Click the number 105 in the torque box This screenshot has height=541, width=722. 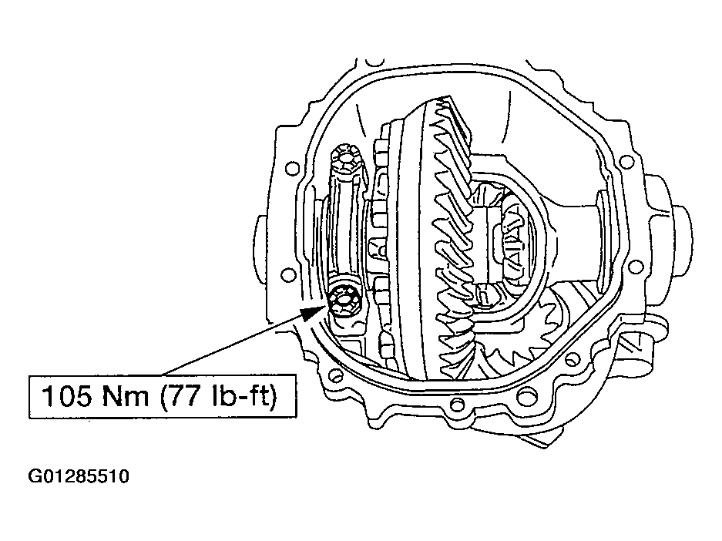point(67,396)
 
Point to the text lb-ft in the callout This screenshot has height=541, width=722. point(241,396)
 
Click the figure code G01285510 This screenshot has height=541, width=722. point(79,476)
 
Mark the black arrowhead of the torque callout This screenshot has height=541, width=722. point(315,311)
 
